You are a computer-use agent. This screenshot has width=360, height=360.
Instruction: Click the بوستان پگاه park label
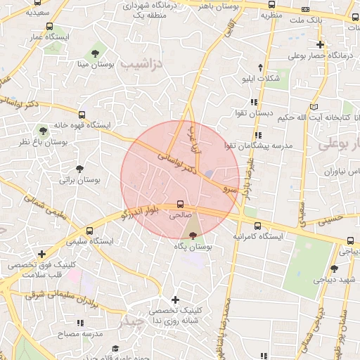[x=193, y=247]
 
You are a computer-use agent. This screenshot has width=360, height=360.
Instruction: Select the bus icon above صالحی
[x=181, y=205]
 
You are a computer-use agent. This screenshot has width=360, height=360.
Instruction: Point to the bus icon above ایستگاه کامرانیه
[x=257, y=226]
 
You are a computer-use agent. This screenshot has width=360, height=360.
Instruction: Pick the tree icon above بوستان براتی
[x=80, y=169]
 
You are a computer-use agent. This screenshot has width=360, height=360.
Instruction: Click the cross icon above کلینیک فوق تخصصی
[x=42, y=254]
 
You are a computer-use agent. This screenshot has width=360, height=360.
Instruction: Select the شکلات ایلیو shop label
[x=260, y=78]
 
